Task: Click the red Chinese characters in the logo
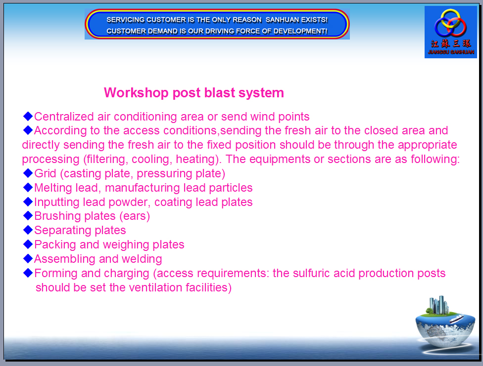[x=451, y=44]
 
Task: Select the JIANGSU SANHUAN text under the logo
[x=451, y=52]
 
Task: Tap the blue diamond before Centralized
[x=28, y=116]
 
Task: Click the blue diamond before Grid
[x=28, y=173]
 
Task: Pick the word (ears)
[x=135, y=216]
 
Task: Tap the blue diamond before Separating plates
[x=28, y=230]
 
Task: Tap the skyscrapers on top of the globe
[x=438, y=305]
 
